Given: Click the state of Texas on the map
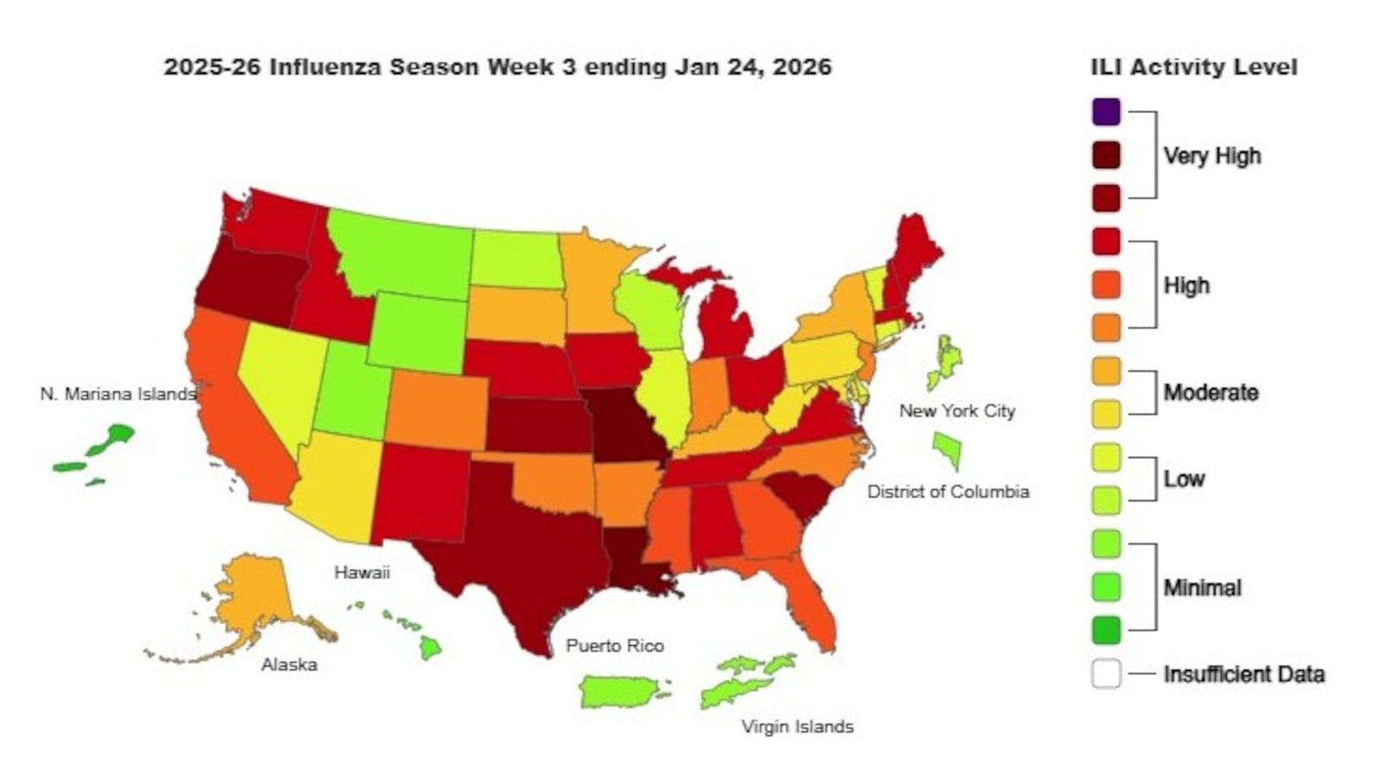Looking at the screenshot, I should coord(517,552).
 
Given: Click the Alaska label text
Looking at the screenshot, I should coord(289,665).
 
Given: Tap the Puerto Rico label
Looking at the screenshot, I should coord(615,646).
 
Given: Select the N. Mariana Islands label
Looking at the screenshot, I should coord(117,394).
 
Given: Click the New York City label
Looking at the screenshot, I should coord(957,411).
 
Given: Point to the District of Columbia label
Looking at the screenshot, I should coord(948,491).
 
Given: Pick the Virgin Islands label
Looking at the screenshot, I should coord(797,727).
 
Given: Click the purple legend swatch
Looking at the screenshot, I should coord(1106,112).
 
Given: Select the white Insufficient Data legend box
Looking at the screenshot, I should coord(1106,673).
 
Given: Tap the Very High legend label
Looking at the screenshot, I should coord(1212,156).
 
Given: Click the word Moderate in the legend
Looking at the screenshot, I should coord(1211,393).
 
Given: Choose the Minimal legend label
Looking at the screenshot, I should coord(1202,588).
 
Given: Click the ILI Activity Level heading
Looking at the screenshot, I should coord(1194,67).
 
